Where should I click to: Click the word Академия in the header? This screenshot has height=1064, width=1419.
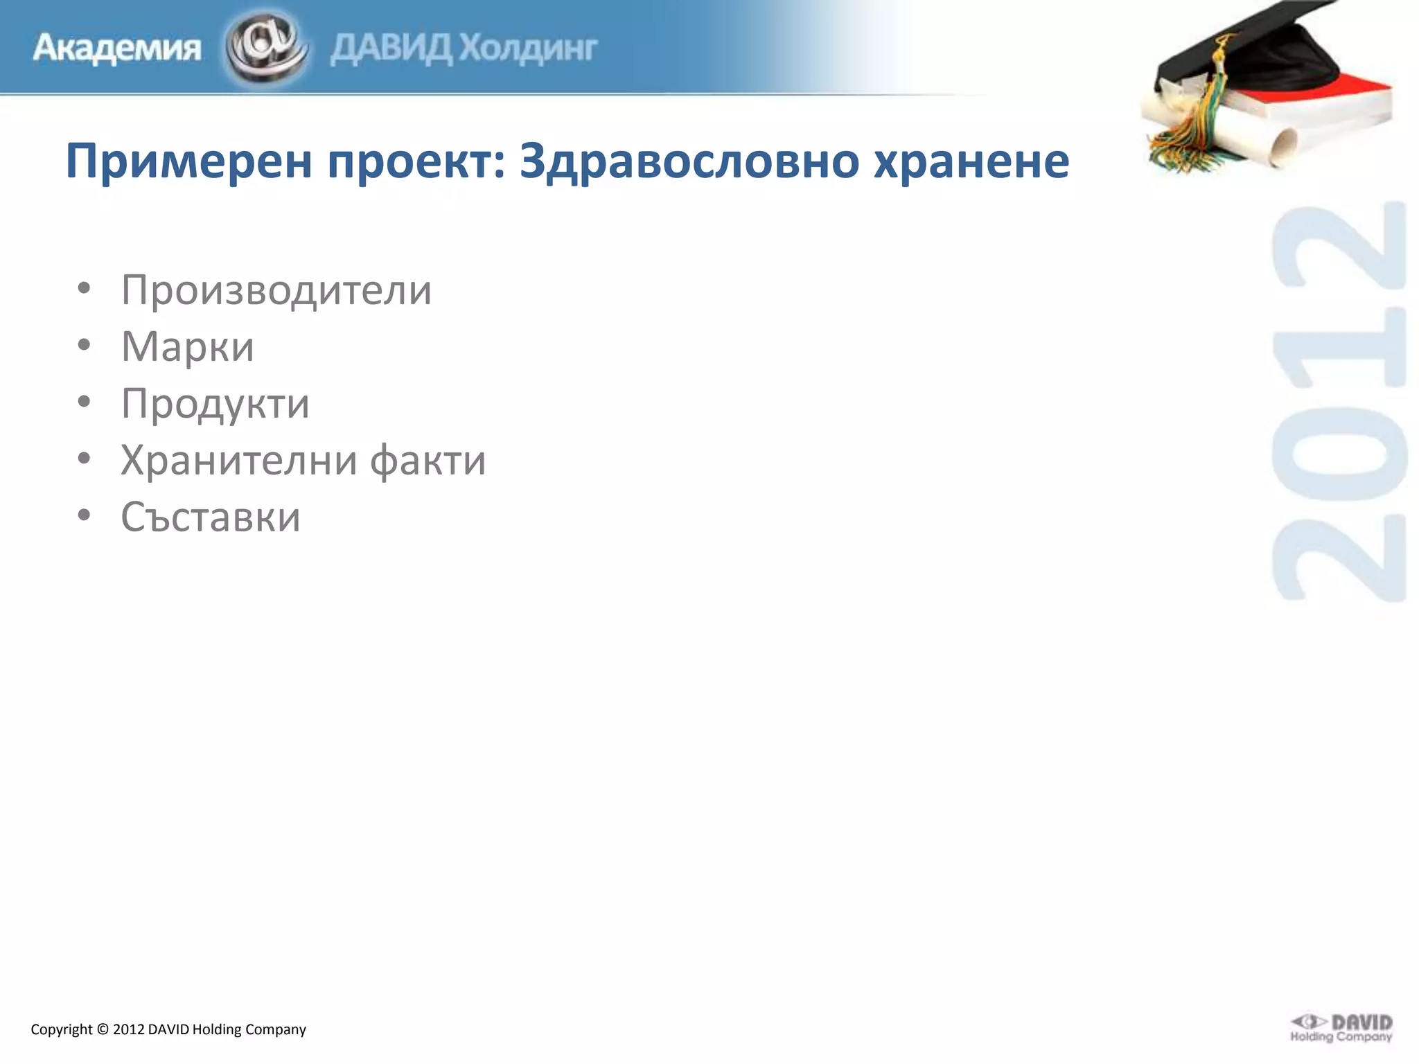(116, 48)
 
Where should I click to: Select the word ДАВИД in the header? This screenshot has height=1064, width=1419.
(391, 48)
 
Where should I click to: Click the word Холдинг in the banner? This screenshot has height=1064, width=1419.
(528, 48)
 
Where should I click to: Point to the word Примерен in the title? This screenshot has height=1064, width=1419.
(188, 161)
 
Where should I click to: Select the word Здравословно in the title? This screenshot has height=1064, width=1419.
(689, 161)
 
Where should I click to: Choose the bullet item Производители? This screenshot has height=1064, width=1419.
(276, 290)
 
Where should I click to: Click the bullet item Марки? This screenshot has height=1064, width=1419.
(187, 346)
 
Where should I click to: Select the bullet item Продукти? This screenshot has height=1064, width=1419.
(215, 403)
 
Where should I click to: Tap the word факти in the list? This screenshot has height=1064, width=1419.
(428, 460)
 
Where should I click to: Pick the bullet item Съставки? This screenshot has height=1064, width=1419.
(211, 517)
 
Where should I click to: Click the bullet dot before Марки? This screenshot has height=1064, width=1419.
(84, 346)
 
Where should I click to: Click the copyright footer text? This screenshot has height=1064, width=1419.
(168, 1029)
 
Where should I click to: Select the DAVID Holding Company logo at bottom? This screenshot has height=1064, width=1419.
(1341, 1028)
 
